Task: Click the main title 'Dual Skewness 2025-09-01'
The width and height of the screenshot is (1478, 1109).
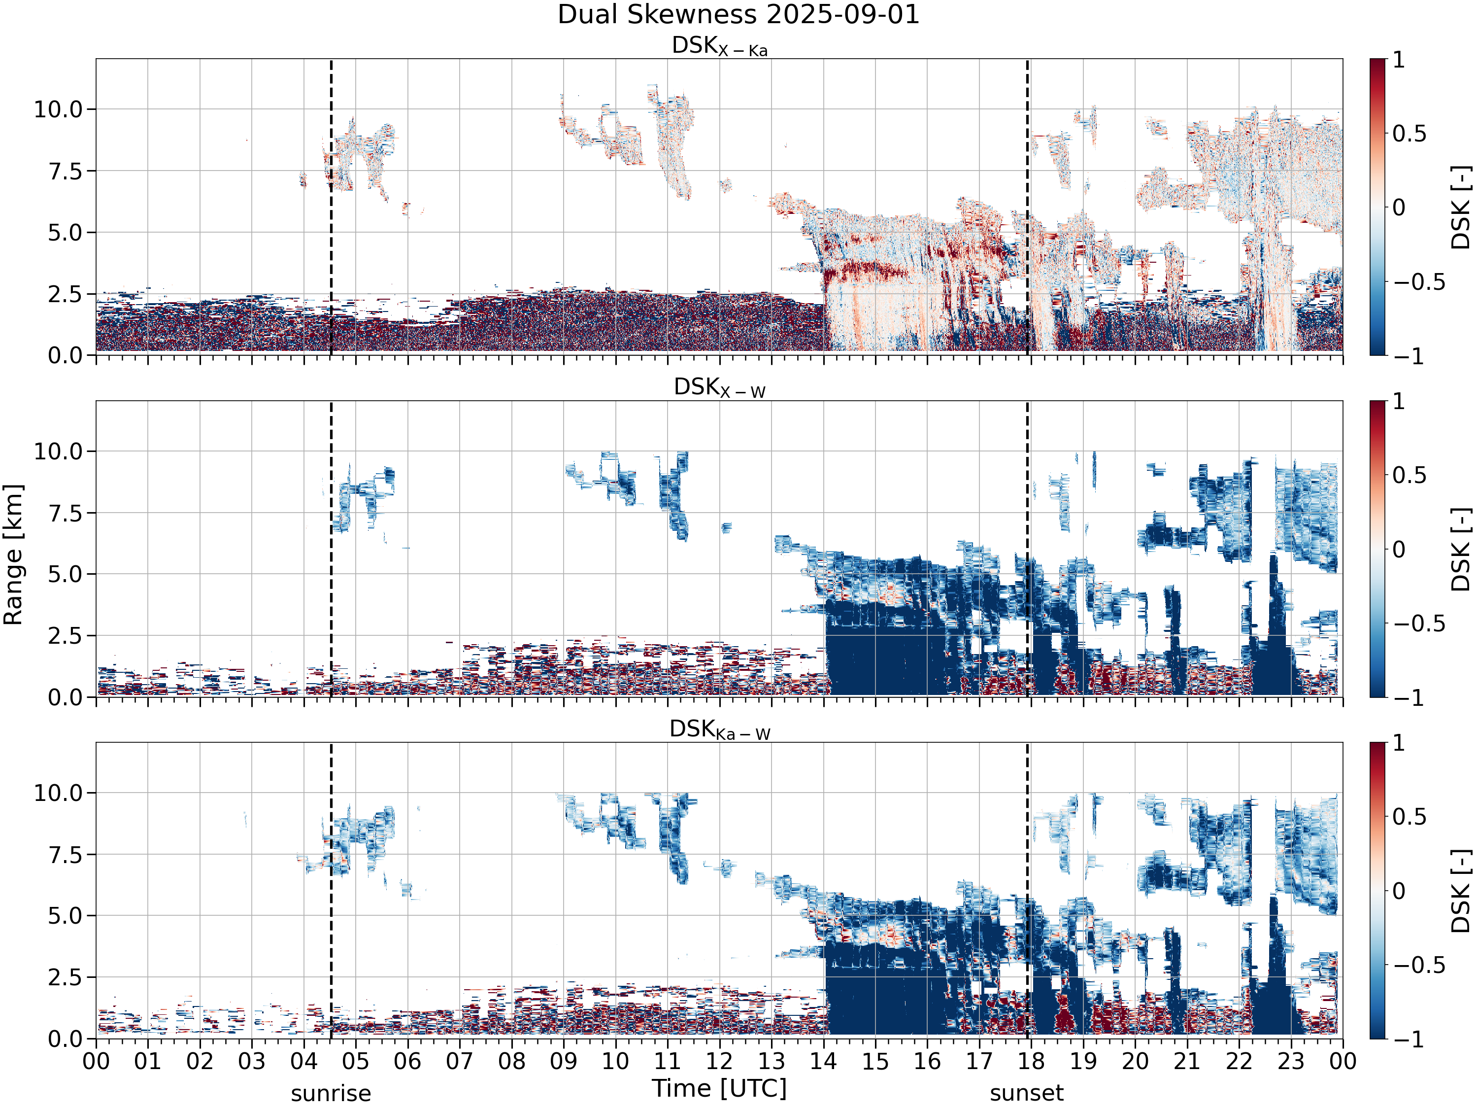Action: click(739, 15)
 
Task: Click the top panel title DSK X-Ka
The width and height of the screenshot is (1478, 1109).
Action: click(720, 46)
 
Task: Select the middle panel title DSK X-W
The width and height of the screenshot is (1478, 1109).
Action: click(720, 388)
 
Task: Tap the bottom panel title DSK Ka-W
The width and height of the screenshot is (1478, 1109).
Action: click(720, 729)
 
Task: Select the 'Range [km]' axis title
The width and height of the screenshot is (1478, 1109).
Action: click(13, 555)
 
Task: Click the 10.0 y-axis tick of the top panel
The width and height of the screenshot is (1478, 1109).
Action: click(58, 109)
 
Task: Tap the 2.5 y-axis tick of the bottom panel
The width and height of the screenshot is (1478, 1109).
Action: click(66, 977)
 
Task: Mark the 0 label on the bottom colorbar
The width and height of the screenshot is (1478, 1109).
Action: click(1399, 891)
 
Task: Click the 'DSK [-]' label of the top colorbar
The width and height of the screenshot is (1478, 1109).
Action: click(1461, 207)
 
